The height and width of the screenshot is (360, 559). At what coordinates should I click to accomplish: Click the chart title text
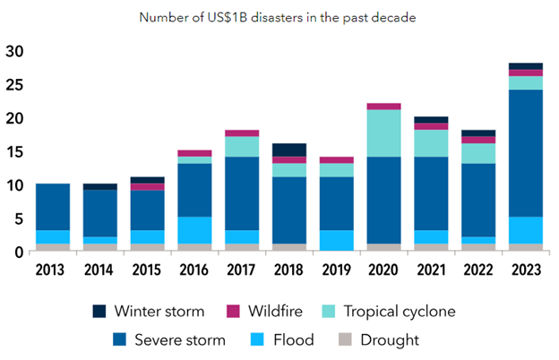(x=279, y=16)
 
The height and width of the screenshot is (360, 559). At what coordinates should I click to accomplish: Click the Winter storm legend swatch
(x=101, y=312)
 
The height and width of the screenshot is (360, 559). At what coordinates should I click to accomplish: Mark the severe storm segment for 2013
(x=52, y=207)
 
